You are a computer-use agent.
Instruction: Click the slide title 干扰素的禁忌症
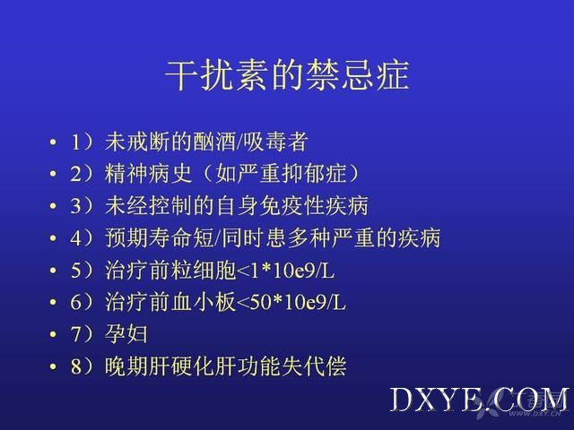click(287, 75)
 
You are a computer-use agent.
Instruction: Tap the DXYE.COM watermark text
click(480, 400)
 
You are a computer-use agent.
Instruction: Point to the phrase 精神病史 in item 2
click(148, 174)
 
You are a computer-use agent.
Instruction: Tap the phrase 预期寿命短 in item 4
click(160, 238)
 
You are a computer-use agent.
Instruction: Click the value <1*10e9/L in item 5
click(286, 271)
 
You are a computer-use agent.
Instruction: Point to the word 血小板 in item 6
click(204, 303)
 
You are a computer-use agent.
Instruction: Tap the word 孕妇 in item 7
click(126, 334)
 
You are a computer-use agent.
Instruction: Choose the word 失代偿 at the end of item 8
click(314, 366)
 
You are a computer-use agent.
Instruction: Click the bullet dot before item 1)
click(54, 142)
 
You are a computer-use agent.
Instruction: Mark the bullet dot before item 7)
click(54, 334)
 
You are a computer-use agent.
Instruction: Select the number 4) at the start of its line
click(83, 238)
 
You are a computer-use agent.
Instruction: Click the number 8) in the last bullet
click(83, 366)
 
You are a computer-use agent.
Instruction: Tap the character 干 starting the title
click(181, 75)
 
